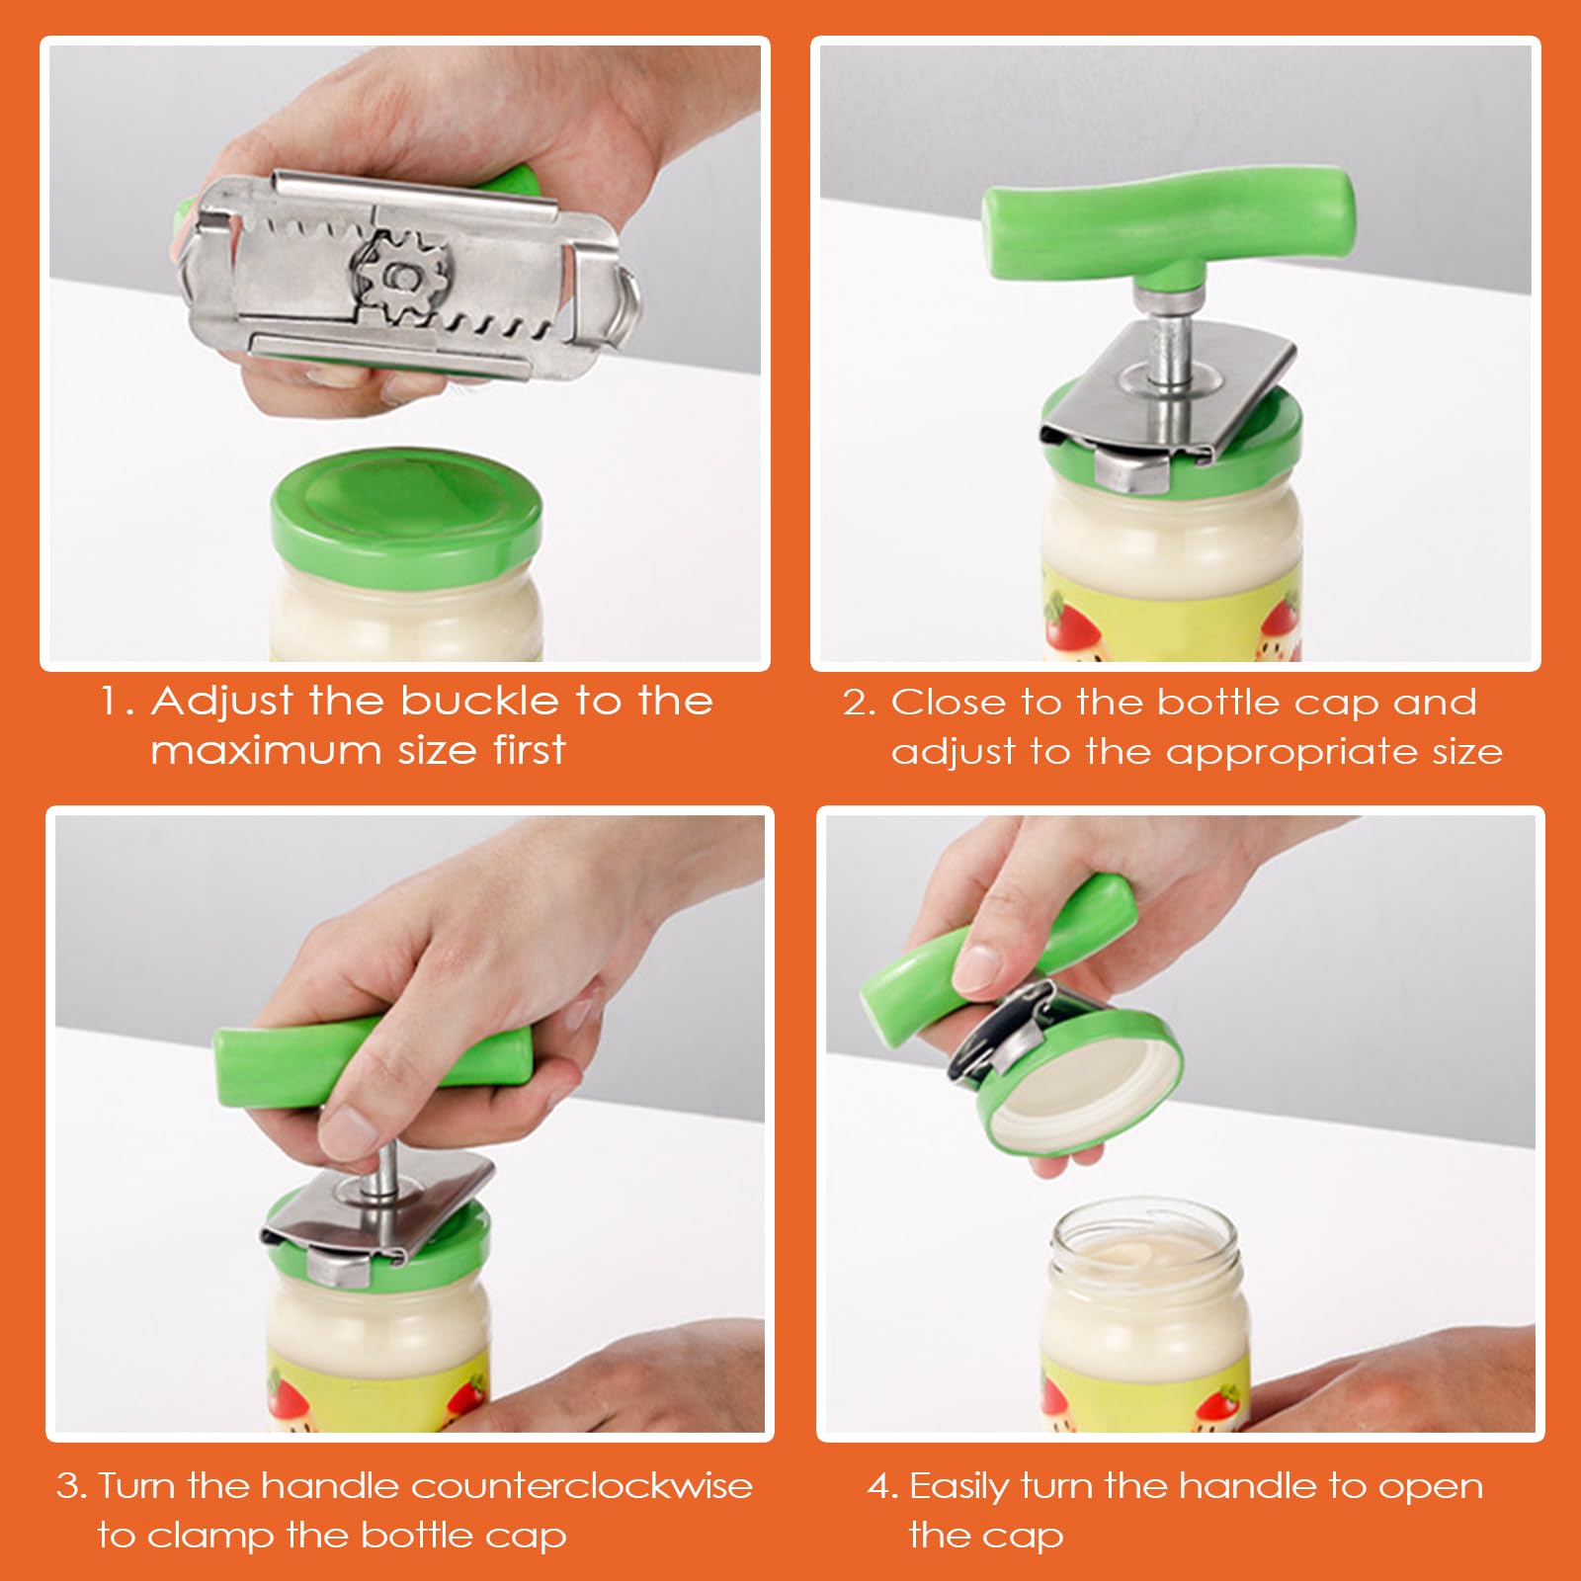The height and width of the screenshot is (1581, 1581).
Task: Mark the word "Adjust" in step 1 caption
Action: (x=222, y=703)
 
